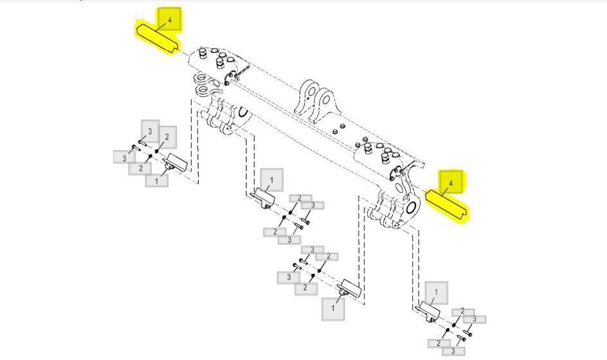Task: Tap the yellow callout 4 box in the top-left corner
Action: click(169, 19)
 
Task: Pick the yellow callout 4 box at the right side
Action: click(451, 182)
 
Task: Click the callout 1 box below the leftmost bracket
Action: click(156, 181)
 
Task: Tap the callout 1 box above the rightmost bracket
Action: click(436, 292)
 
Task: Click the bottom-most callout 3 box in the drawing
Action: click(453, 351)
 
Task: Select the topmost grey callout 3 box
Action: click(150, 131)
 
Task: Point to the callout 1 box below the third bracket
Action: click(333, 309)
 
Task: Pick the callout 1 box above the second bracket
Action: click(272, 179)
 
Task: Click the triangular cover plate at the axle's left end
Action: click(231, 76)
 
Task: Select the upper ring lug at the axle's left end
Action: click(202, 80)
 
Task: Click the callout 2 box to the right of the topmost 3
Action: click(167, 137)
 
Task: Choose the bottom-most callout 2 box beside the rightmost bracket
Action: click(439, 343)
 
